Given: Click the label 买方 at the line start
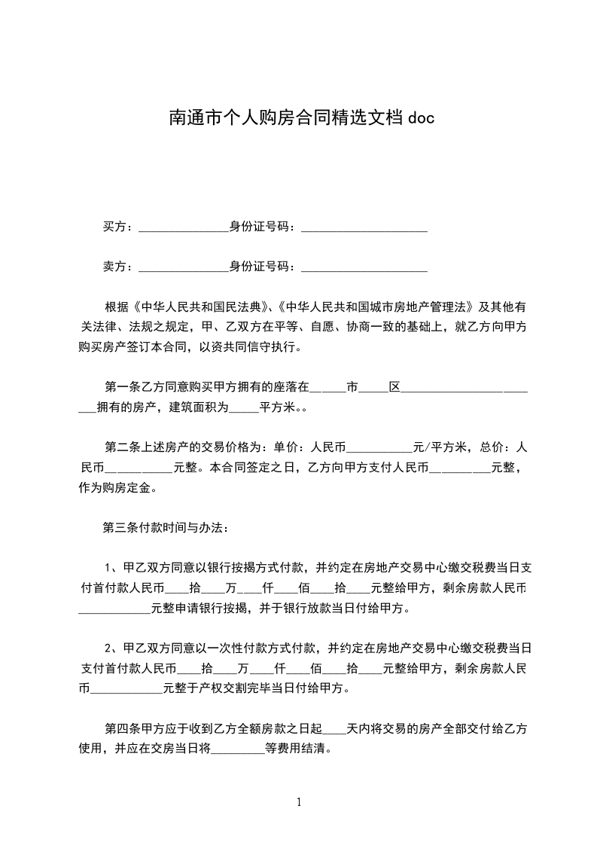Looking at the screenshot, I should point(114,227).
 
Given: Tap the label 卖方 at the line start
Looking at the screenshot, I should point(114,267).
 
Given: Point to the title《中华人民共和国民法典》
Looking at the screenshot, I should point(200,307).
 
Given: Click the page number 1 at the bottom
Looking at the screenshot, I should point(299,802).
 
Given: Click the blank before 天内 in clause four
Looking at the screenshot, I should point(334,731).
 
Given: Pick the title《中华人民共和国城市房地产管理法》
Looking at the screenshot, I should point(374,307).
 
